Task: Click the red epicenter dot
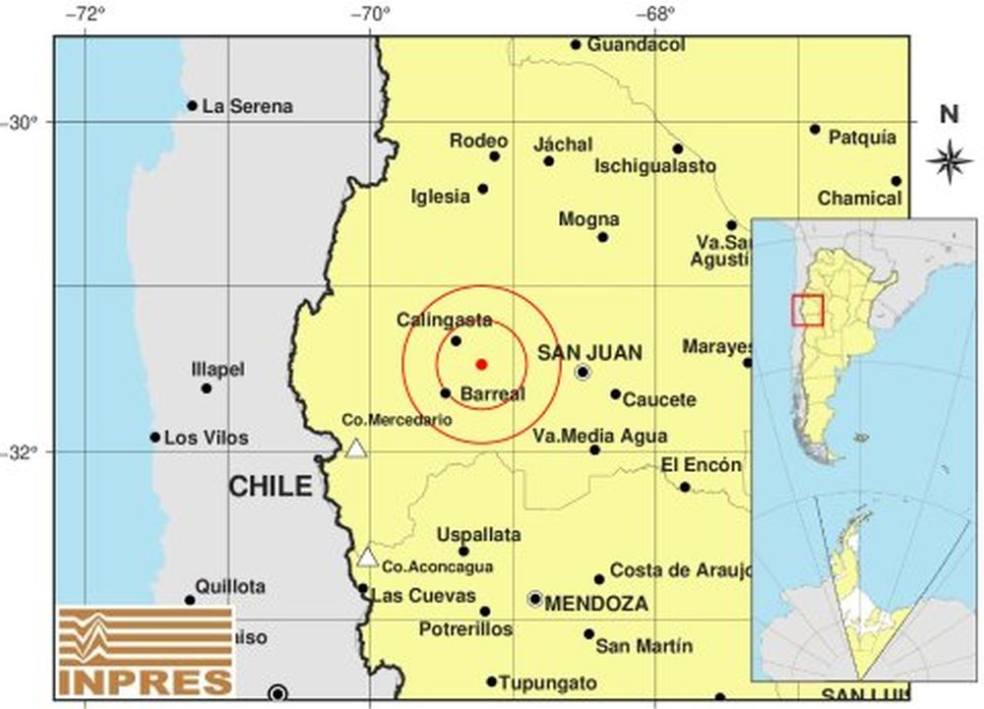481,364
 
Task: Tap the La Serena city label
247,106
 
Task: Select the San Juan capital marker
583,373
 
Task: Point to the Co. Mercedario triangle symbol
356,449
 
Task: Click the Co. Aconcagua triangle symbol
367,558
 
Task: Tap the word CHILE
271,486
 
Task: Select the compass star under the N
949,161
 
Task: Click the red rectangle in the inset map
807,309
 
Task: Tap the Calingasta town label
444,320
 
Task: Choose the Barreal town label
492,393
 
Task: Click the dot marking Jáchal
549,161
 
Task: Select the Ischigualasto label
654,167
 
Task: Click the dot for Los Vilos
155,438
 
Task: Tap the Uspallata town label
478,535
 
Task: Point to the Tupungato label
547,682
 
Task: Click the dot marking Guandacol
576,44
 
